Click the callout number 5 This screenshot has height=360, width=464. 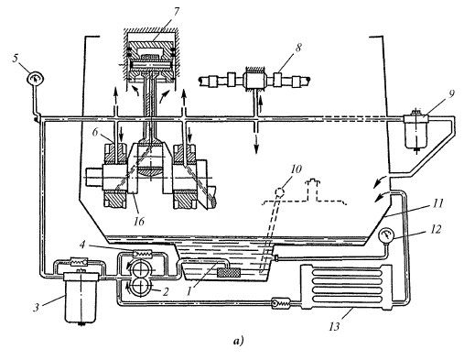point(16,59)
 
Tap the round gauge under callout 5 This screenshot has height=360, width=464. point(36,78)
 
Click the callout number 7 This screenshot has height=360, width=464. point(176,11)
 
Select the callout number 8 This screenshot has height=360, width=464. point(298,48)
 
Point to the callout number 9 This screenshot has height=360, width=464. point(450,94)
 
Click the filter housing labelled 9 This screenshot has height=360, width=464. point(416,131)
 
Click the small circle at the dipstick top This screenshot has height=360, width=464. point(280,192)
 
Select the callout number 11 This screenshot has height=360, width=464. point(437,203)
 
